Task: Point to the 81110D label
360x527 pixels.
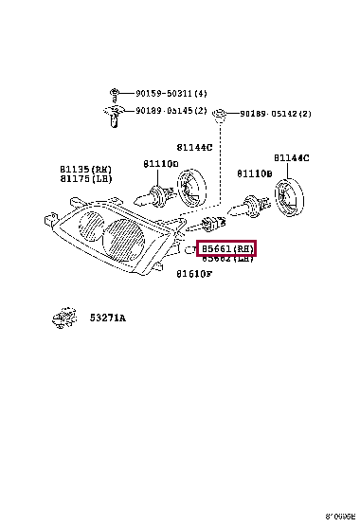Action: (160, 163)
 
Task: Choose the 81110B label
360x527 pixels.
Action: (254, 174)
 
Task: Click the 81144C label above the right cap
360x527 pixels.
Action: (292, 157)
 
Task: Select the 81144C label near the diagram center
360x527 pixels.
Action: (193, 147)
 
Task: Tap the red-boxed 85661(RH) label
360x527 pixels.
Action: (226, 249)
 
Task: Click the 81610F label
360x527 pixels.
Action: (193, 274)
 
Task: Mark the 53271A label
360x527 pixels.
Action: (108, 318)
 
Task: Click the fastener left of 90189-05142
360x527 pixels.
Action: (220, 115)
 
